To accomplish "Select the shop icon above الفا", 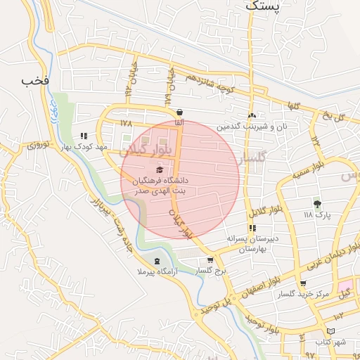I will (180, 112).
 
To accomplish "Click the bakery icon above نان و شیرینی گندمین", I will (252, 116).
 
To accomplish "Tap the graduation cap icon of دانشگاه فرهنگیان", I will (160, 169).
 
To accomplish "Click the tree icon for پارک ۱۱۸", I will (317, 204).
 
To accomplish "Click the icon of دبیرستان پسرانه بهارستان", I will (252, 229).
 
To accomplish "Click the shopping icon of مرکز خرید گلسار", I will (303, 283).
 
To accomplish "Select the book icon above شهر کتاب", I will (330, 330).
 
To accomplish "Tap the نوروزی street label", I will (38, 146).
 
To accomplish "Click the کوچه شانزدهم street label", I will (209, 83).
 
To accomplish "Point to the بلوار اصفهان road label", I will (263, 278).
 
